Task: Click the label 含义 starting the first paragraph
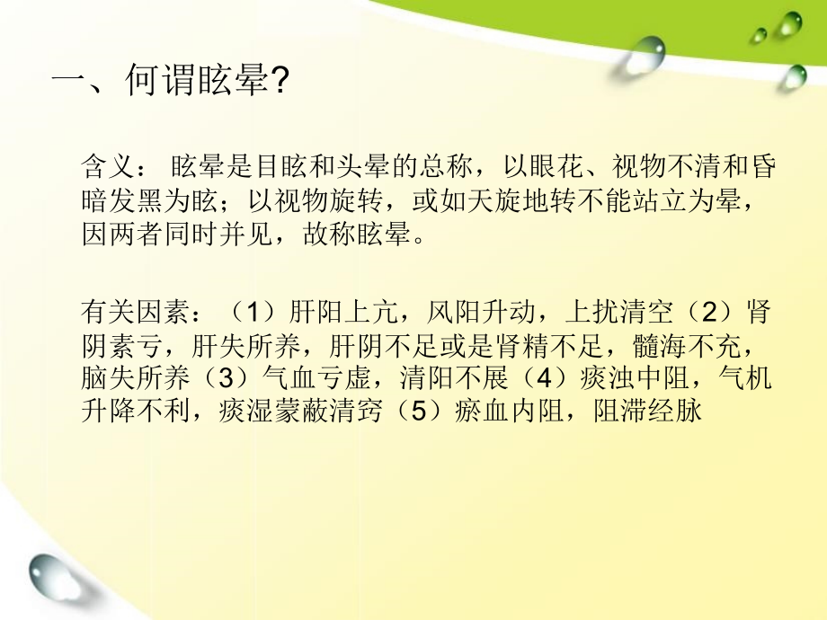(x=104, y=167)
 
